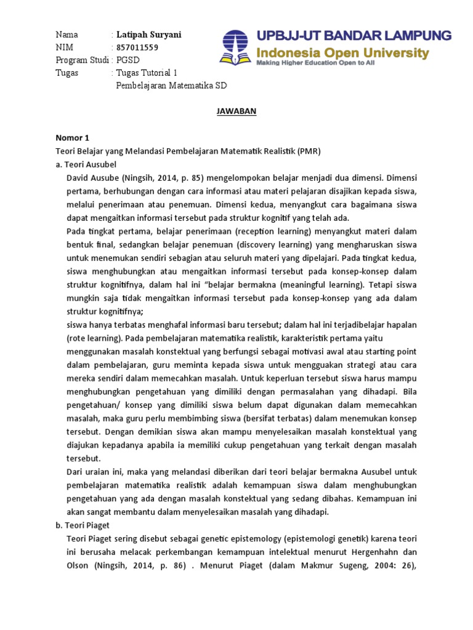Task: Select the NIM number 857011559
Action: point(137,47)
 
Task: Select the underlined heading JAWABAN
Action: point(236,111)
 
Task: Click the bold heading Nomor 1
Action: point(72,138)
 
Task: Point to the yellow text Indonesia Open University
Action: point(342,53)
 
